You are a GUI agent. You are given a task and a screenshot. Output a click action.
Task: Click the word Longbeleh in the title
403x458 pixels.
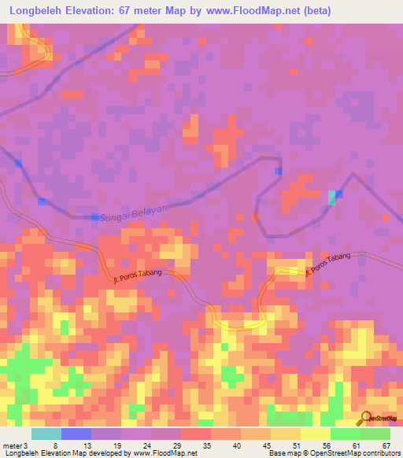(x=40, y=11)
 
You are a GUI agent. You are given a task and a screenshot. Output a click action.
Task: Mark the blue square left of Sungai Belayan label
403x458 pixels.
(x=94, y=216)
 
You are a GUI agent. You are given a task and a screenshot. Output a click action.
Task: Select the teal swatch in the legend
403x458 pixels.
(x=46, y=434)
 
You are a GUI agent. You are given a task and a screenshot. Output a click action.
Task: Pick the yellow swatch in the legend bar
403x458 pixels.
(x=316, y=434)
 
